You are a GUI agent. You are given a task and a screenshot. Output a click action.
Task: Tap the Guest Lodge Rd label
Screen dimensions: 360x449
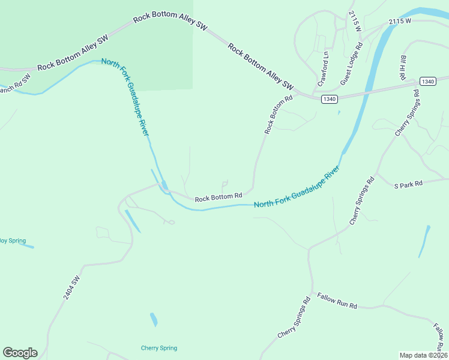pos(352,62)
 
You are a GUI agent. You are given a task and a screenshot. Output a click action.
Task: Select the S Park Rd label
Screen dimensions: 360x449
pos(408,184)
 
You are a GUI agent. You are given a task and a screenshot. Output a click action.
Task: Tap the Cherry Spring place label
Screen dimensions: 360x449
pos(159,348)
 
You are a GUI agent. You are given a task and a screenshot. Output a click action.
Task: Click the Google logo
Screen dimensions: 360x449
pos(20,353)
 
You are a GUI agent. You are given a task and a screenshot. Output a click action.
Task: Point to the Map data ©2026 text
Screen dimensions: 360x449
pos(423,355)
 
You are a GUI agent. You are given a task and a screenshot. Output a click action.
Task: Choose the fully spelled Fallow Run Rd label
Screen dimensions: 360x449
pos(337,301)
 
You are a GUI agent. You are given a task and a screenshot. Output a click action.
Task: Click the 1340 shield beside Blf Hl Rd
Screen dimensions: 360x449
pos(427,82)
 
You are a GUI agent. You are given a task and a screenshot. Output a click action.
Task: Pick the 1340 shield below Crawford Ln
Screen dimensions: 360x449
pos(328,99)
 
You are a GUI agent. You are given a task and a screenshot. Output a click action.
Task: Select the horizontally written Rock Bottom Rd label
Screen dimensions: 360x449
pos(218,196)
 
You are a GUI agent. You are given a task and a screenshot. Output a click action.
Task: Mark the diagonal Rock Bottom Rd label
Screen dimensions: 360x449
pos(278,114)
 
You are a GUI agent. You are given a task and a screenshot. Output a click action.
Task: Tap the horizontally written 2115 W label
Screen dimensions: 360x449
pos(399,22)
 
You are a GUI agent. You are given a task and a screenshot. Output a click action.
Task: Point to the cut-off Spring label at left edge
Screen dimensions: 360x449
pos(13,241)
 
